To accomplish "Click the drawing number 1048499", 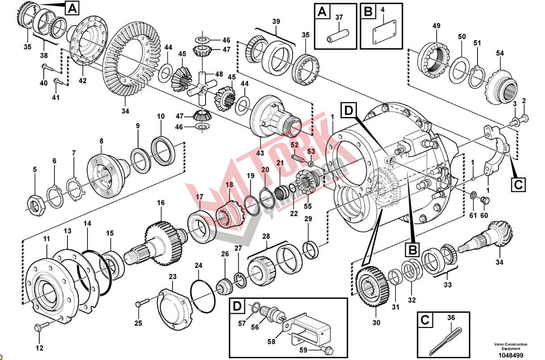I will pyautogui.click(x=511, y=355).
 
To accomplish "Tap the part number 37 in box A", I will pyautogui.click(x=339, y=17).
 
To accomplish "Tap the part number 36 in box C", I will pyautogui.click(x=451, y=318).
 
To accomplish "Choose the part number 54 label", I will pyautogui.click(x=499, y=54).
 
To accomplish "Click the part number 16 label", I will pyautogui.click(x=160, y=203).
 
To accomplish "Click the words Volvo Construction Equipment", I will pyautogui.click(x=510, y=346).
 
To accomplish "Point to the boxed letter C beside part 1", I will pyautogui.click(x=518, y=184).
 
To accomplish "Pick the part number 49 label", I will pyautogui.click(x=436, y=26).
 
